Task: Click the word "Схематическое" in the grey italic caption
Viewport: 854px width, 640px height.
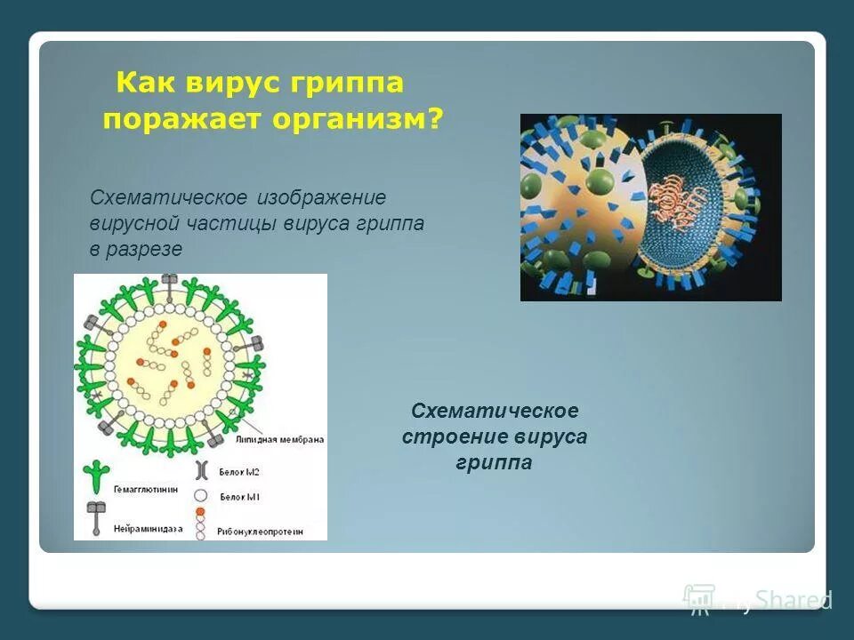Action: (168, 196)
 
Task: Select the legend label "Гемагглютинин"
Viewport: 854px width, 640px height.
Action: (144, 489)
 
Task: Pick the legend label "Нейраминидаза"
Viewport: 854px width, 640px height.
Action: (147, 528)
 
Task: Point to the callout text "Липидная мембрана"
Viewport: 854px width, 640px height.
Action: (279, 439)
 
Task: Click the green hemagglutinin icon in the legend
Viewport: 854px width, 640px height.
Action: (94, 476)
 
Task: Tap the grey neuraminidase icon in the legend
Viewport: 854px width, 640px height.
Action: (94, 516)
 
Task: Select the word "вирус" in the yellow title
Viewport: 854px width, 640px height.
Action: (234, 84)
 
